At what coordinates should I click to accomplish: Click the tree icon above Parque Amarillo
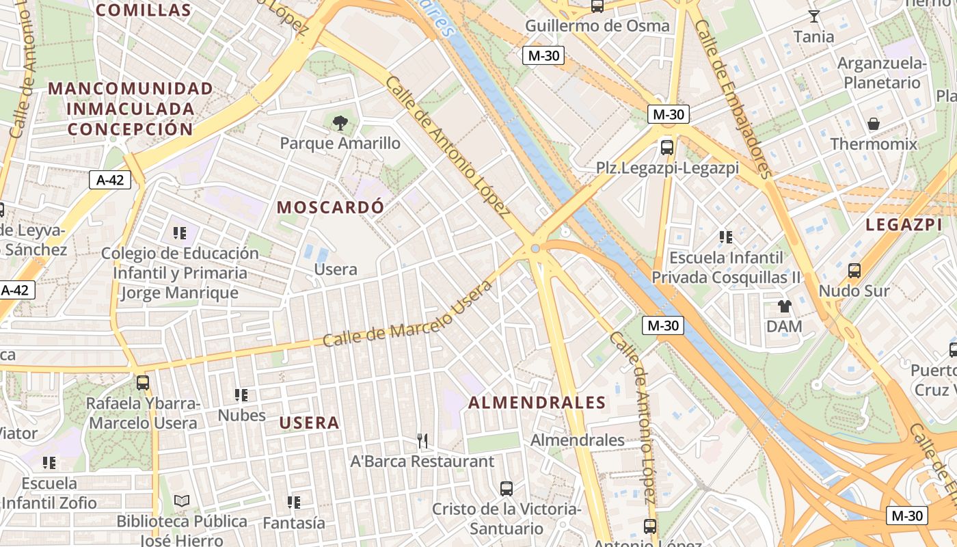[340, 123]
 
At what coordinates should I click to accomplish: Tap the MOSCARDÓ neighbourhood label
[330, 207]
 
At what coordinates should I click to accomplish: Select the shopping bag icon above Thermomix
[874, 124]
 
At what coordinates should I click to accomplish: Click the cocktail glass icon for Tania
[813, 16]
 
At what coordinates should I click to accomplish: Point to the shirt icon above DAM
[784, 306]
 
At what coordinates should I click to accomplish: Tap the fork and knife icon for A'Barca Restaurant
[422, 441]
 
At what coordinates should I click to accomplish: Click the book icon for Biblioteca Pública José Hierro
[182, 501]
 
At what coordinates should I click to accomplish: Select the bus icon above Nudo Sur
[854, 270]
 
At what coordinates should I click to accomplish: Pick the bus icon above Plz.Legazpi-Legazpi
[666, 147]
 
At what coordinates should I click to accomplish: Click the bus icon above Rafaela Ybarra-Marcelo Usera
[143, 383]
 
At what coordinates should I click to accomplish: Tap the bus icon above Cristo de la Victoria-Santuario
[507, 489]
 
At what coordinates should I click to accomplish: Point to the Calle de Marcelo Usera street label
[407, 314]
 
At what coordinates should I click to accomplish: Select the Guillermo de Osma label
[597, 26]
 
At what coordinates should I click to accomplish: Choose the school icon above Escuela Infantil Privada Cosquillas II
[726, 237]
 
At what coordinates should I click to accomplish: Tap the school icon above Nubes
[241, 395]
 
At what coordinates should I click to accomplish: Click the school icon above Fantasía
[294, 503]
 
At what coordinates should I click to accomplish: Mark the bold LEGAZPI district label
[904, 224]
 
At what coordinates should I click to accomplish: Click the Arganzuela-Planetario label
[882, 73]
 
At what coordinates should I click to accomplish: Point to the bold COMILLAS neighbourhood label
[144, 10]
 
